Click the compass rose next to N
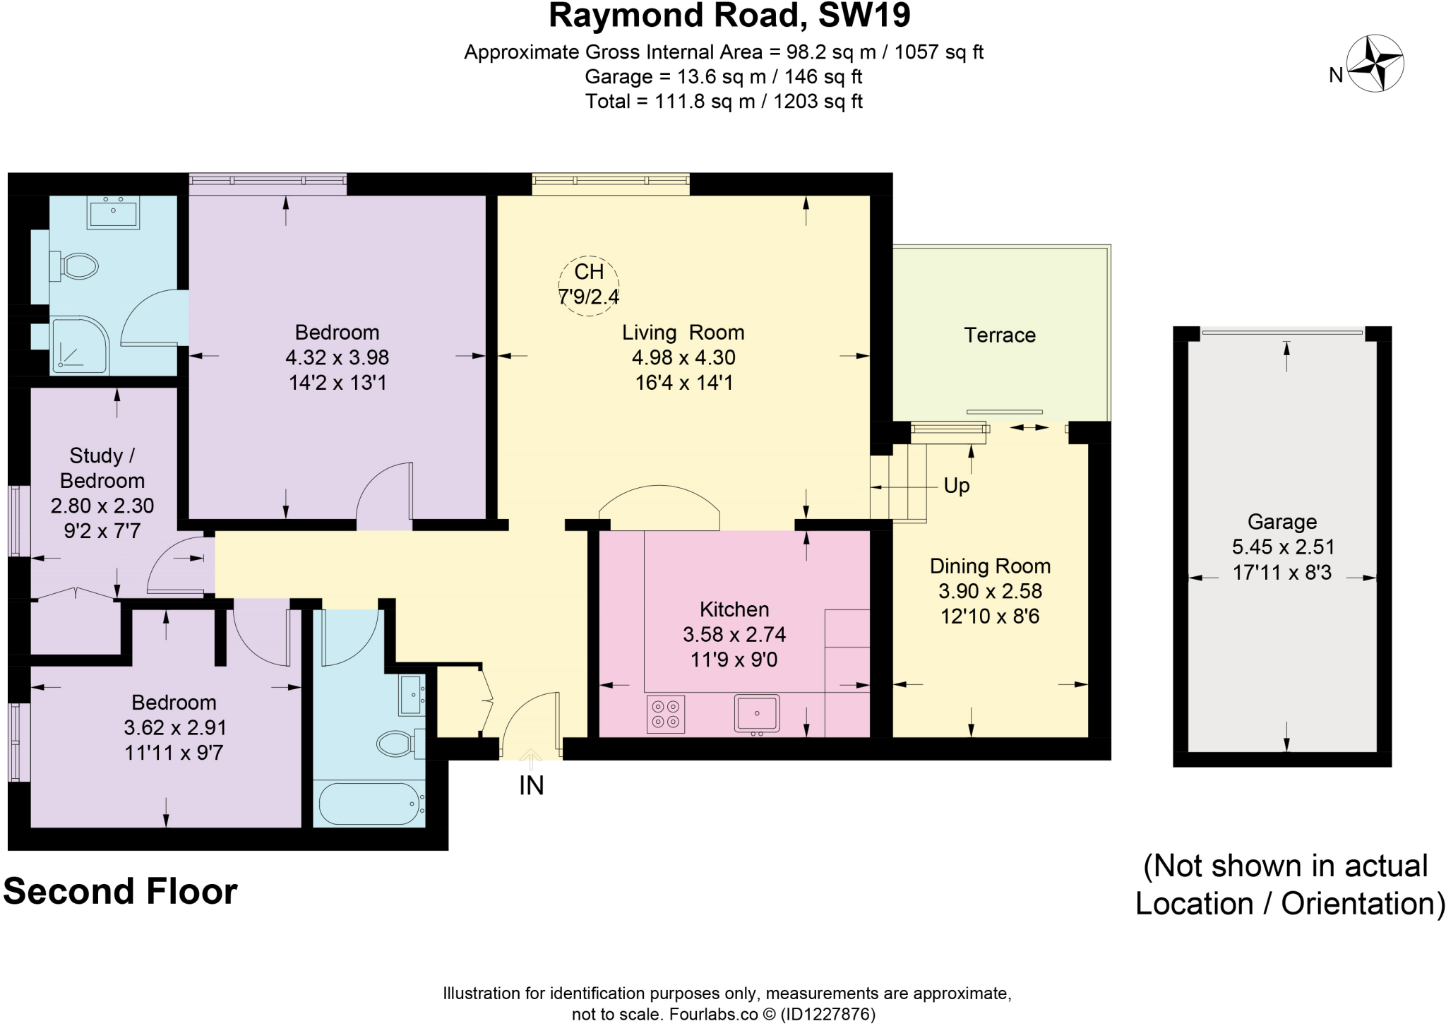(x=1375, y=64)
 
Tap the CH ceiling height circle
(x=589, y=285)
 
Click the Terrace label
(x=999, y=335)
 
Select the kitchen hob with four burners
(x=666, y=714)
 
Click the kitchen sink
(x=757, y=713)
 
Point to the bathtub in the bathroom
(x=369, y=804)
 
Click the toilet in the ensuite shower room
(x=76, y=266)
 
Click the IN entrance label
(x=531, y=785)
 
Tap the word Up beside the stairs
(x=957, y=486)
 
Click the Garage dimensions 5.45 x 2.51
(x=1282, y=547)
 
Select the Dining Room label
(x=990, y=566)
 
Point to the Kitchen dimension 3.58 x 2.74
(x=734, y=634)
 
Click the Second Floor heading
(x=120, y=891)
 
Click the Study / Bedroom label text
(x=102, y=468)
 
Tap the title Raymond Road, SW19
(x=729, y=16)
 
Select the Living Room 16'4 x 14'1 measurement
(x=683, y=383)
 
